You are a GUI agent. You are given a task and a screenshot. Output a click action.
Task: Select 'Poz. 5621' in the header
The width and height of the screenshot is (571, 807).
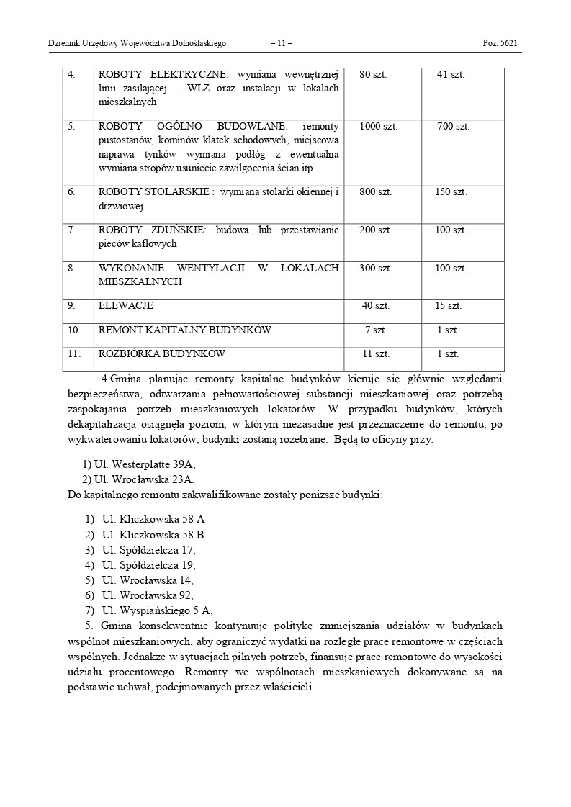click(x=500, y=44)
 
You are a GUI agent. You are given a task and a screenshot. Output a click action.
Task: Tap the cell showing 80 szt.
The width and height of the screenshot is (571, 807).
click(x=375, y=74)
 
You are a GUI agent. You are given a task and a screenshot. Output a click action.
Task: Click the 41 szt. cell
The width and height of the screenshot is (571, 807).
click(x=451, y=74)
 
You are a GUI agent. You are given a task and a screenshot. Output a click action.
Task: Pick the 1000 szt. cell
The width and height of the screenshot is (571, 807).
click(x=378, y=127)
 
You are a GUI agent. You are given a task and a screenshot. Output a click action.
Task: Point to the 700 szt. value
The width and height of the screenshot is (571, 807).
click(x=454, y=127)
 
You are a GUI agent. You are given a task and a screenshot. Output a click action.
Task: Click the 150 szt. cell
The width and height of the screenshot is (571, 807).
click(x=451, y=192)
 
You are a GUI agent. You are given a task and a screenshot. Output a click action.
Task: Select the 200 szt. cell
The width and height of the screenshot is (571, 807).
click(x=375, y=230)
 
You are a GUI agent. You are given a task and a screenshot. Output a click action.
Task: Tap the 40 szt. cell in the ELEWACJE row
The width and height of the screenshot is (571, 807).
click(x=376, y=306)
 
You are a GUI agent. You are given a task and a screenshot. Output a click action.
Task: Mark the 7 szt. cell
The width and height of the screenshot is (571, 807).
click(x=376, y=330)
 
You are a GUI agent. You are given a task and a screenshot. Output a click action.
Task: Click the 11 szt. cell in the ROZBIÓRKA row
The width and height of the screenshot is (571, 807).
click(x=376, y=354)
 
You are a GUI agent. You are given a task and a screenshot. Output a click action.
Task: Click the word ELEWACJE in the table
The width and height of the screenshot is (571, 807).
click(x=126, y=306)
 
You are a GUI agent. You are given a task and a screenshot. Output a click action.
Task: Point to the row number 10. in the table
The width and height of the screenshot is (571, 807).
click(x=74, y=330)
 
